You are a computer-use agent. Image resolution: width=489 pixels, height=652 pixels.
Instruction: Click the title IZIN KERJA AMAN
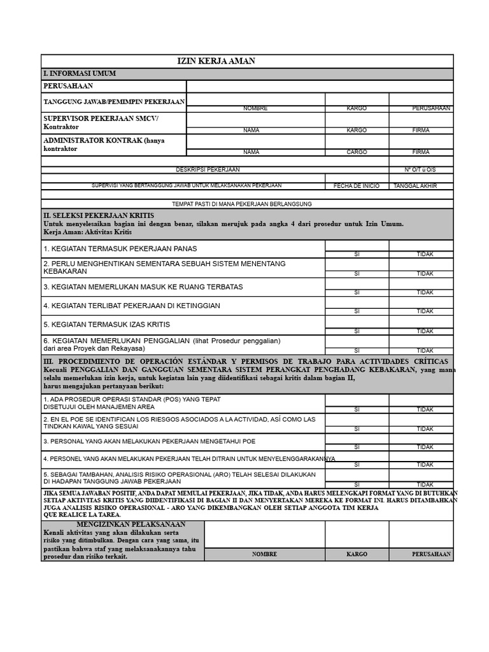pyautogui.click(x=216, y=61)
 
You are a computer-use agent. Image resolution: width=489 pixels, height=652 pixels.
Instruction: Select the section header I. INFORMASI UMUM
pyautogui.click(x=79, y=74)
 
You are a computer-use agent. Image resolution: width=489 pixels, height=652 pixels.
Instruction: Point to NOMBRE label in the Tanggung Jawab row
pyautogui.click(x=255, y=108)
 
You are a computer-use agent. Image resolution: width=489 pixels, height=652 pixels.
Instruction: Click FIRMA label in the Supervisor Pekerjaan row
pyautogui.click(x=421, y=130)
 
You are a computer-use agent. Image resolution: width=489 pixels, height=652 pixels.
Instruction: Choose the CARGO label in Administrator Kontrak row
pyautogui.click(x=357, y=152)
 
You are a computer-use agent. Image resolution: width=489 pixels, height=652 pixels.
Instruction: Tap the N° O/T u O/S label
pyautogui.click(x=420, y=169)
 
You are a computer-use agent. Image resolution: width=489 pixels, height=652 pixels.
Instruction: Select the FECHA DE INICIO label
pyautogui.click(x=357, y=186)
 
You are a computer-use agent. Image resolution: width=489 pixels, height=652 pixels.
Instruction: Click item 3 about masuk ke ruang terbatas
pyautogui.click(x=143, y=287)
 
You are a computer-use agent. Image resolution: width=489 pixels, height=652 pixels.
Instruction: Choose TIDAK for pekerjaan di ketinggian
pyautogui.click(x=425, y=311)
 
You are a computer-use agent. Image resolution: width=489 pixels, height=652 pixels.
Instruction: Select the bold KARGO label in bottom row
pyautogui.click(x=357, y=554)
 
